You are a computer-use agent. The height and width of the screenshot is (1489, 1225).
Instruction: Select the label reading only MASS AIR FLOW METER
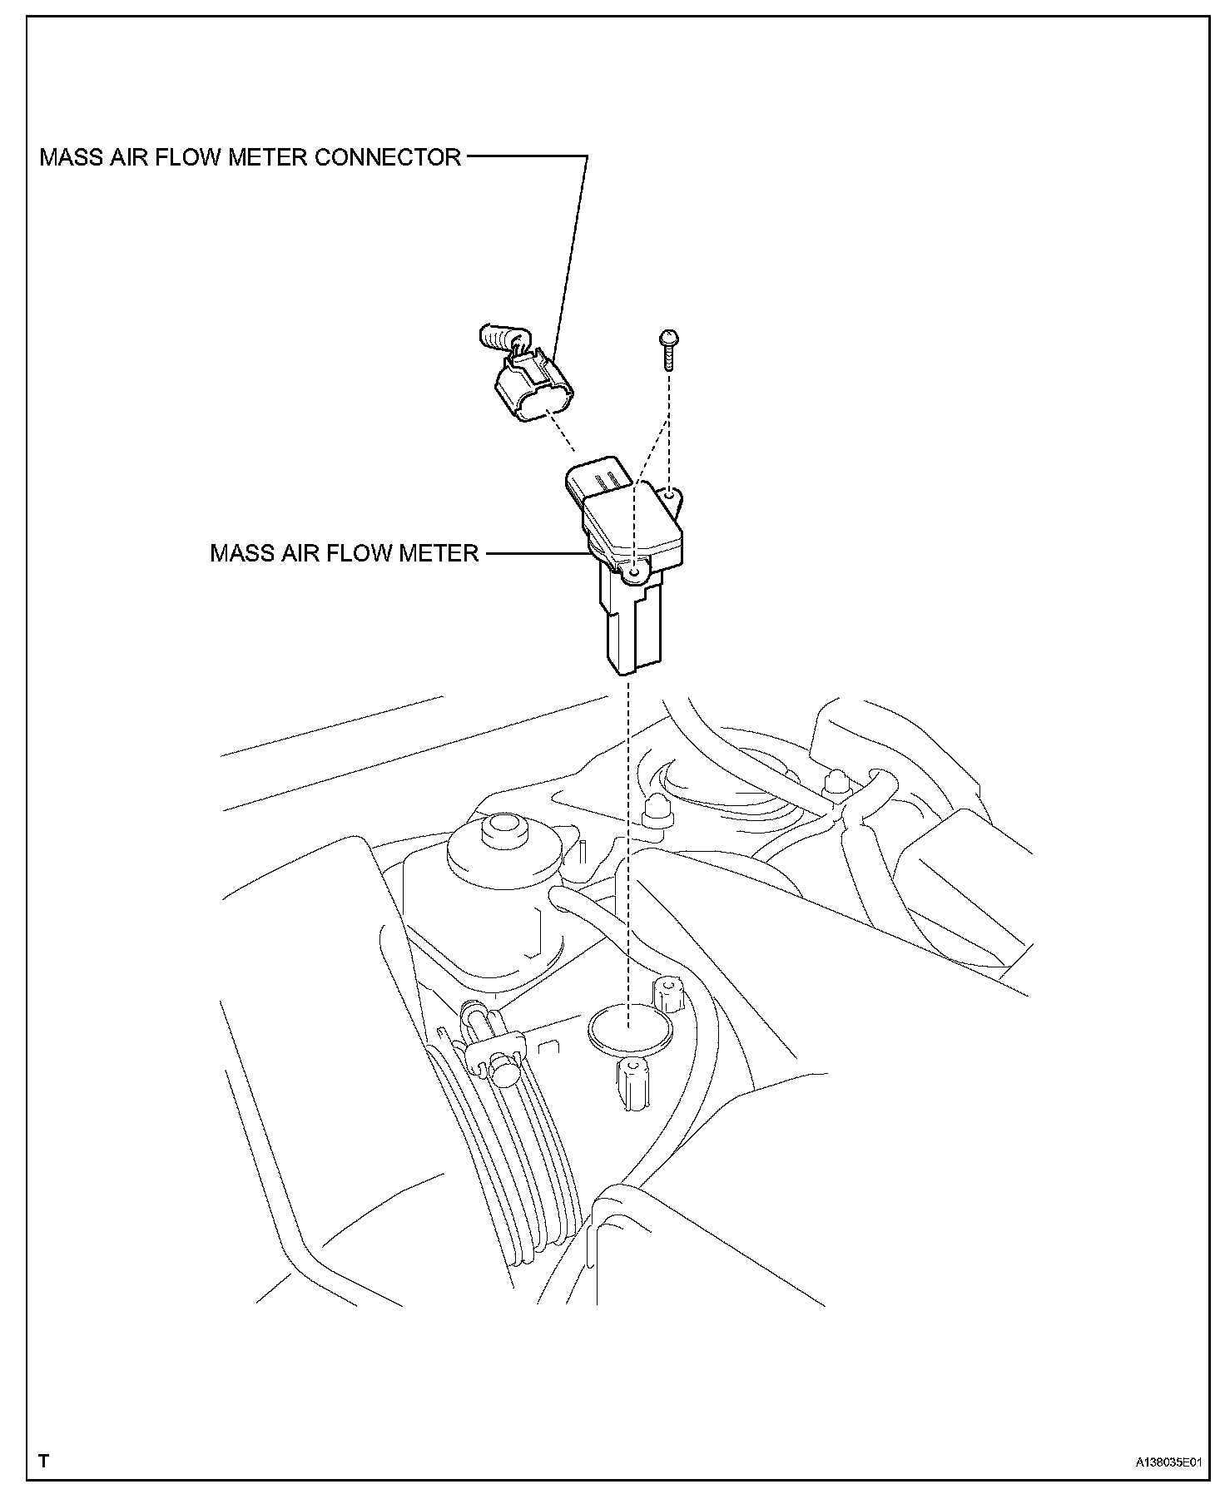coord(344,553)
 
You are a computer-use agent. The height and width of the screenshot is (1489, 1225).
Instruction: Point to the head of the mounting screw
coord(667,337)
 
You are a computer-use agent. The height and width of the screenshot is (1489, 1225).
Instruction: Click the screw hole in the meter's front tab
coord(634,573)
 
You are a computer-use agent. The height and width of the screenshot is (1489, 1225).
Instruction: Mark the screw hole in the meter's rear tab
coord(670,497)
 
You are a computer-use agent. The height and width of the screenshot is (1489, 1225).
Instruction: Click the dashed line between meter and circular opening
coord(630,832)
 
